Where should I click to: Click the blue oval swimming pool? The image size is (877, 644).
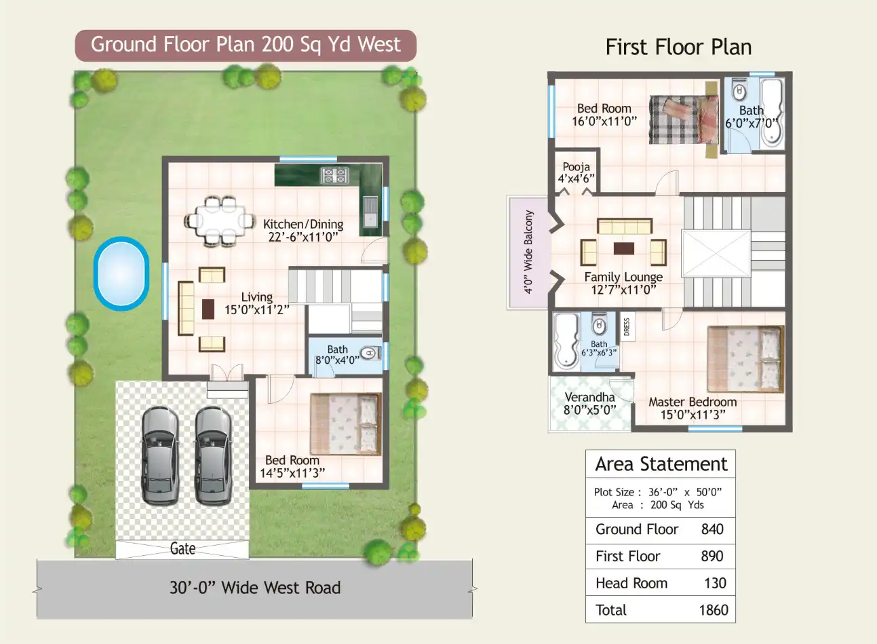pyautogui.click(x=121, y=273)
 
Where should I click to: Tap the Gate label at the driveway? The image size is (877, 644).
pyautogui.click(x=182, y=548)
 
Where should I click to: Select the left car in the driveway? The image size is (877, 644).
pyautogui.click(x=160, y=455)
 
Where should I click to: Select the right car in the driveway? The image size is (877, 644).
pyautogui.click(x=213, y=455)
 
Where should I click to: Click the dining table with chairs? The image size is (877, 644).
pyautogui.click(x=212, y=220)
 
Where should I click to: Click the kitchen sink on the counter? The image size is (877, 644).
pyautogui.click(x=370, y=211)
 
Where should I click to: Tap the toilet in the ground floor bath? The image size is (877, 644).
pyautogui.click(x=368, y=353)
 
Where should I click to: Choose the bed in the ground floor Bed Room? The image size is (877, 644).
pyautogui.click(x=345, y=424)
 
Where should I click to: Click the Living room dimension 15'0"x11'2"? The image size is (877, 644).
pyautogui.click(x=257, y=310)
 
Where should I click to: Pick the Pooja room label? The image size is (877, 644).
pyautogui.click(x=576, y=166)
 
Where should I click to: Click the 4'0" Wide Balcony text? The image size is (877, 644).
pyautogui.click(x=528, y=252)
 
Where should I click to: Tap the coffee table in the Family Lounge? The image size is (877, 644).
pyautogui.click(x=624, y=248)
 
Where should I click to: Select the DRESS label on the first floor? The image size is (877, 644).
pyautogui.click(x=627, y=327)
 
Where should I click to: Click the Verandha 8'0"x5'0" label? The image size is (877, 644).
pyautogui.click(x=589, y=403)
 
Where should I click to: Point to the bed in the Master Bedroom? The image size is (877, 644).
pyautogui.click(x=745, y=358)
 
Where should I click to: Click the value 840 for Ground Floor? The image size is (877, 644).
pyautogui.click(x=712, y=529)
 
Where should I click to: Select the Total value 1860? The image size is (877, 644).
pyautogui.click(x=713, y=610)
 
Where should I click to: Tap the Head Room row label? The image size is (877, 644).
pyautogui.click(x=631, y=583)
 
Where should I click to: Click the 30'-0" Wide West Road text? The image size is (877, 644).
pyautogui.click(x=255, y=588)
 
